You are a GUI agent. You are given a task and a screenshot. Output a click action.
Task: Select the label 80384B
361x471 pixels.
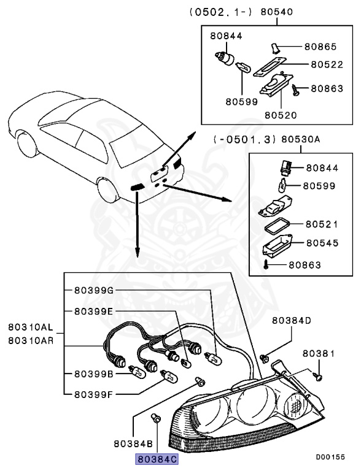click(x=133, y=442)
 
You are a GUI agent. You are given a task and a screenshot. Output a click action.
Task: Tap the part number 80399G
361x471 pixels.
click(x=94, y=291)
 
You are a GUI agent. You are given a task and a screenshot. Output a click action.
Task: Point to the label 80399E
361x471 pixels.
click(x=94, y=311)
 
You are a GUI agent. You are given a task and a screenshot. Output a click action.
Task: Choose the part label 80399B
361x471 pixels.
click(x=94, y=373)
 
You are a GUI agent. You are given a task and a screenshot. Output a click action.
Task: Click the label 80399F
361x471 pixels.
click(x=94, y=394)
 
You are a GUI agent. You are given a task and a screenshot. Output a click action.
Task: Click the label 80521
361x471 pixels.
click(x=322, y=224)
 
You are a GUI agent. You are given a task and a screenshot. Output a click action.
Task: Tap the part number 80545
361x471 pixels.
click(x=322, y=243)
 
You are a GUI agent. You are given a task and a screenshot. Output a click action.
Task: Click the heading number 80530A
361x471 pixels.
click(x=301, y=139)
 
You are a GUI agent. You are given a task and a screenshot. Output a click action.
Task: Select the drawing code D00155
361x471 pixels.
click(x=330, y=457)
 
